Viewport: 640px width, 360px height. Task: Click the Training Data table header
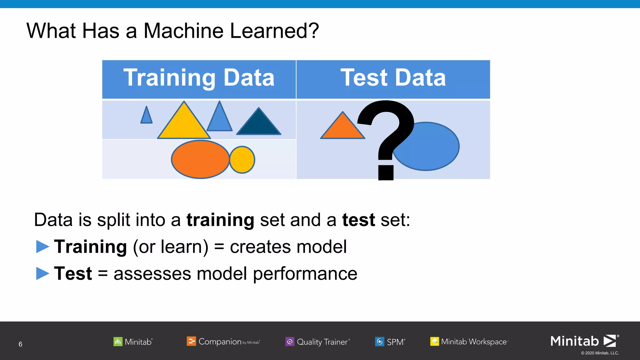pyautogui.click(x=199, y=78)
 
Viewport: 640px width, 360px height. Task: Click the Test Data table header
pyautogui.click(x=393, y=78)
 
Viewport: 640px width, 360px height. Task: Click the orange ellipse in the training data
pyautogui.click(x=200, y=159)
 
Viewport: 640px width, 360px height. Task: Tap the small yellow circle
pyautogui.click(x=242, y=160)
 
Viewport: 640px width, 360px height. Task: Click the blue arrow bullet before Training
pyautogui.click(x=42, y=247)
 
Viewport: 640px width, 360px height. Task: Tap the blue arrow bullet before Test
pyautogui.click(x=42, y=273)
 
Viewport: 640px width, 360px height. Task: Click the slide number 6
pyautogui.click(x=20, y=344)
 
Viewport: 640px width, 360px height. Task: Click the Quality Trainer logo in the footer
pyautogui.click(x=317, y=342)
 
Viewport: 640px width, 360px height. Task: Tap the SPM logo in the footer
pyautogui.click(x=390, y=342)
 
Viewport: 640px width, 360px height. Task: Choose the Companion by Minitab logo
pyautogui.click(x=223, y=342)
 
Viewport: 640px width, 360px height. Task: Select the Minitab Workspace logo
pyautogui.click(x=469, y=342)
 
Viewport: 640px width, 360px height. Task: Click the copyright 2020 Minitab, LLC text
pyautogui.click(x=600, y=353)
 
